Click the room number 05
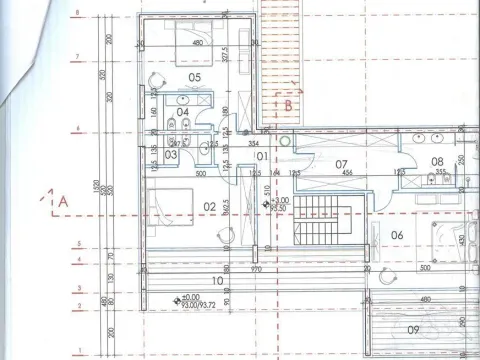[x=195, y=77]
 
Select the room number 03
[x=171, y=154]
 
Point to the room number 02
[x=210, y=207]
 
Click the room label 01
[x=262, y=156]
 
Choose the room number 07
[x=341, y=163]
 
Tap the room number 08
[x=437, y=161]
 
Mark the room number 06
[x=397, y=235]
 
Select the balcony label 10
[x=218, y=280]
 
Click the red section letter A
[x=62, y=201]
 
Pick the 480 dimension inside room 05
[x=198, y=43]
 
